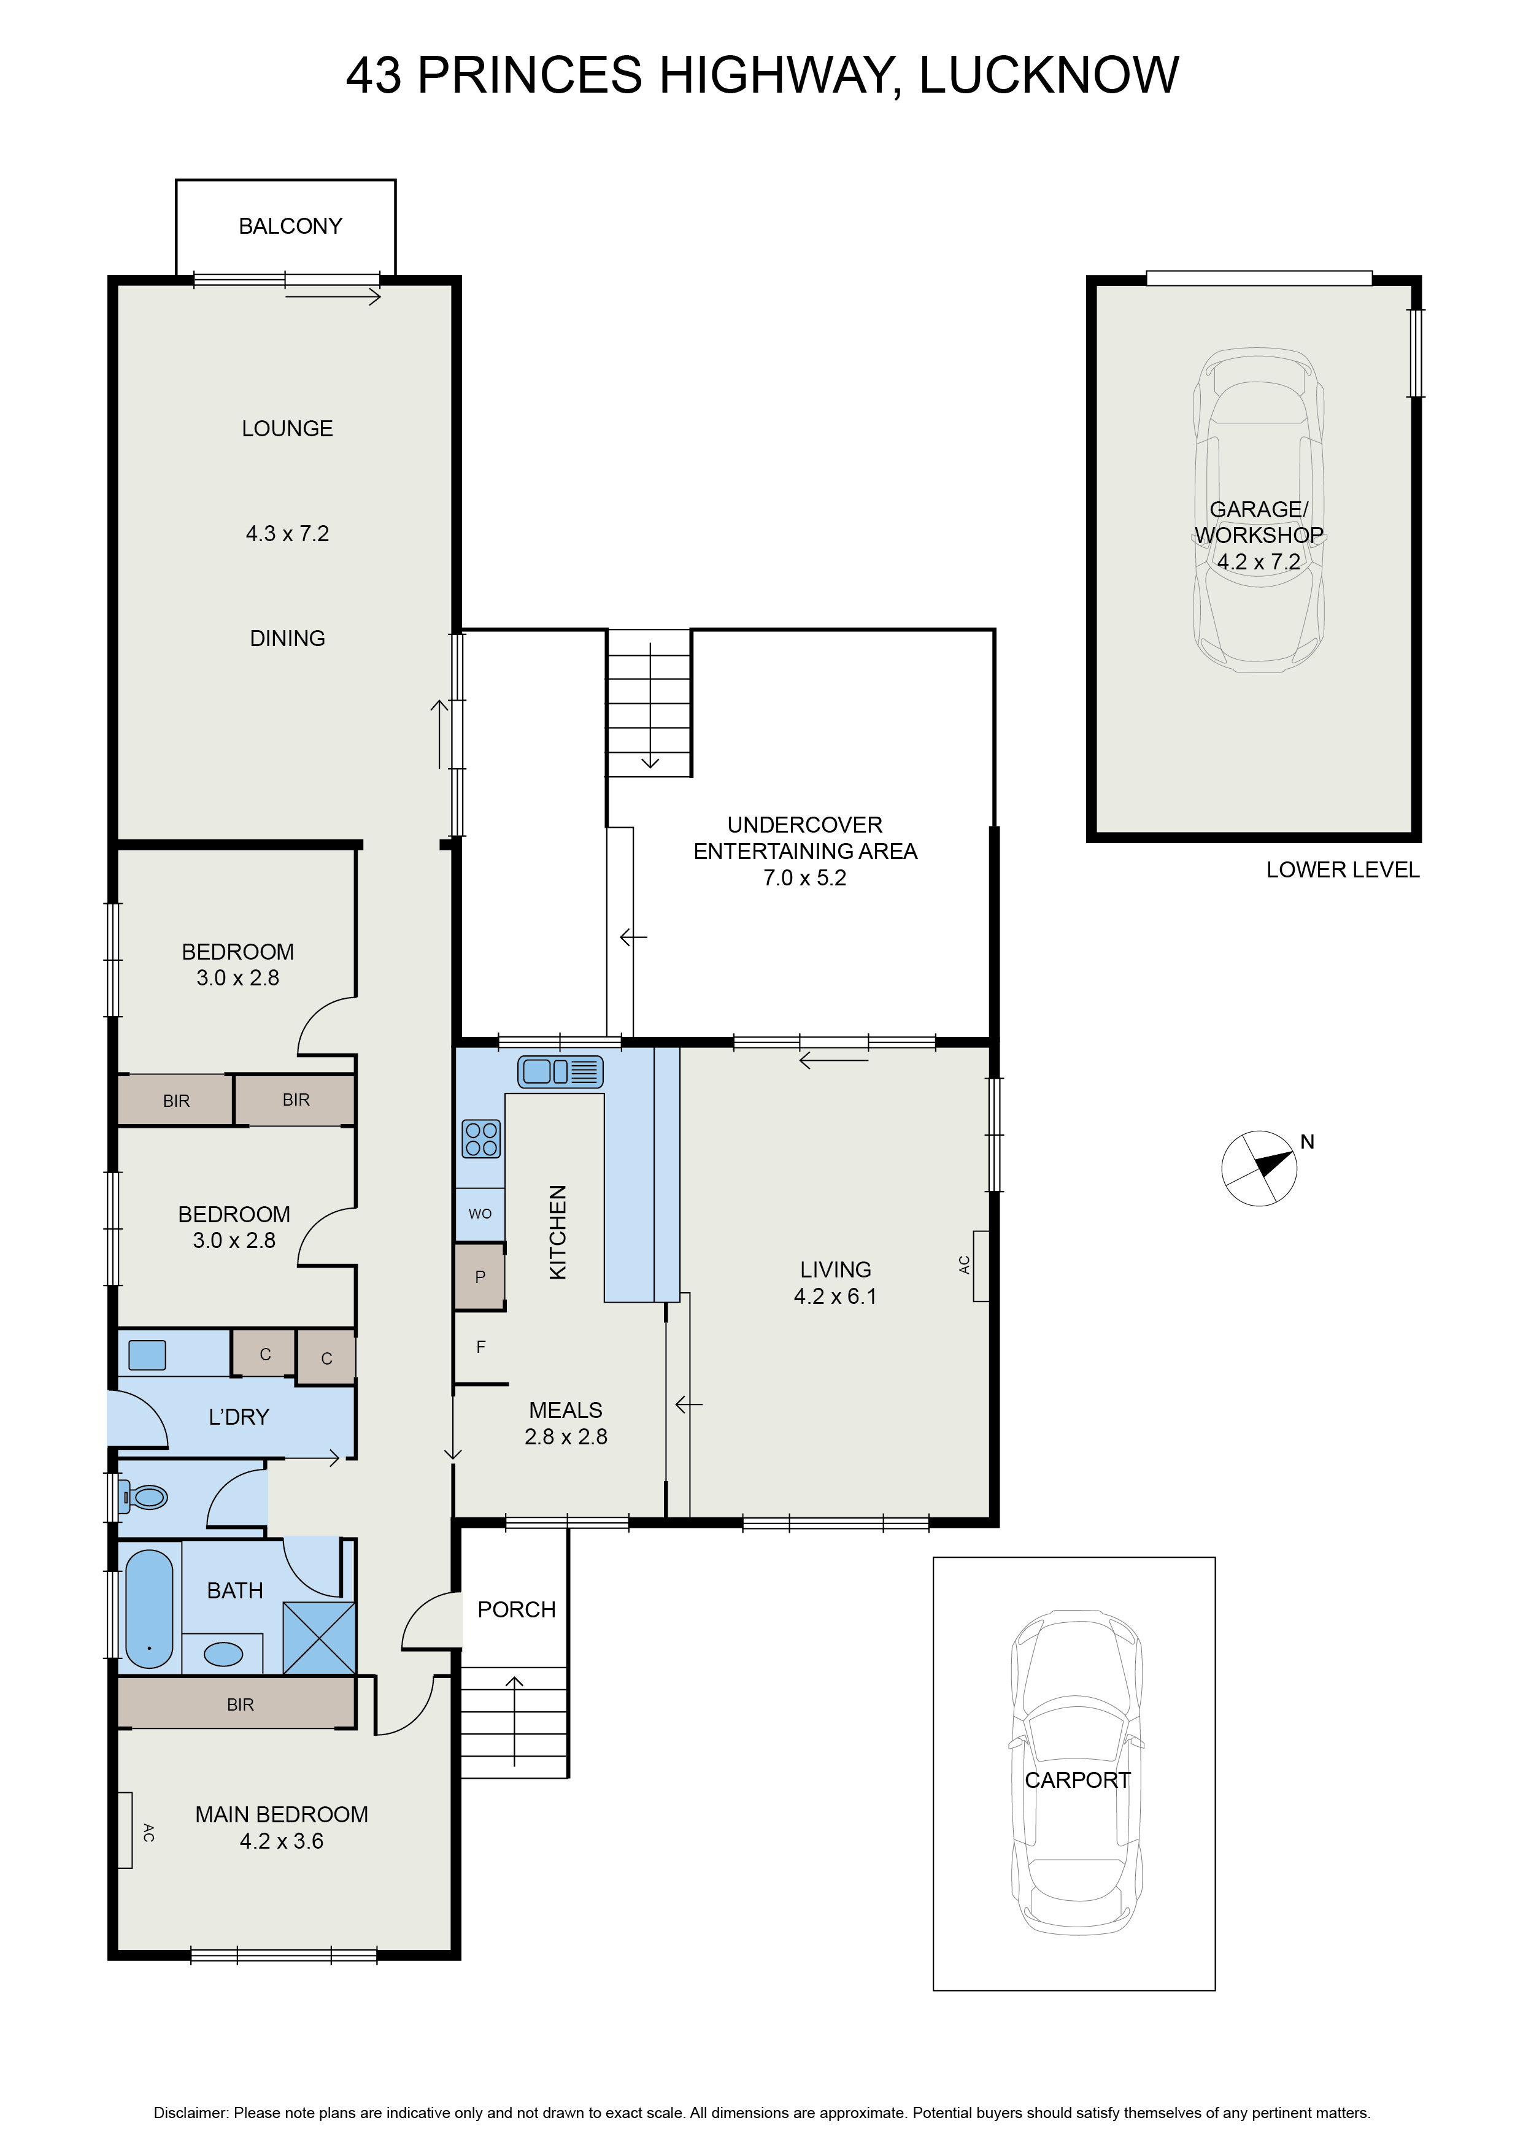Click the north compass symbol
pos(1260,1168)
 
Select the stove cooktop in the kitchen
pos(481,1139)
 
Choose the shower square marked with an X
pos(320,1638)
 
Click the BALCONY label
pos(291,226)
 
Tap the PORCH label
pos(517,1609)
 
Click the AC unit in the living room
pos(981,1266)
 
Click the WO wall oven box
pos(480,1214)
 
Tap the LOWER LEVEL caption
pos(1343,870)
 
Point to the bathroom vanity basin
pos(223,1653)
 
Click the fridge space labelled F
pos(481,1347)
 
